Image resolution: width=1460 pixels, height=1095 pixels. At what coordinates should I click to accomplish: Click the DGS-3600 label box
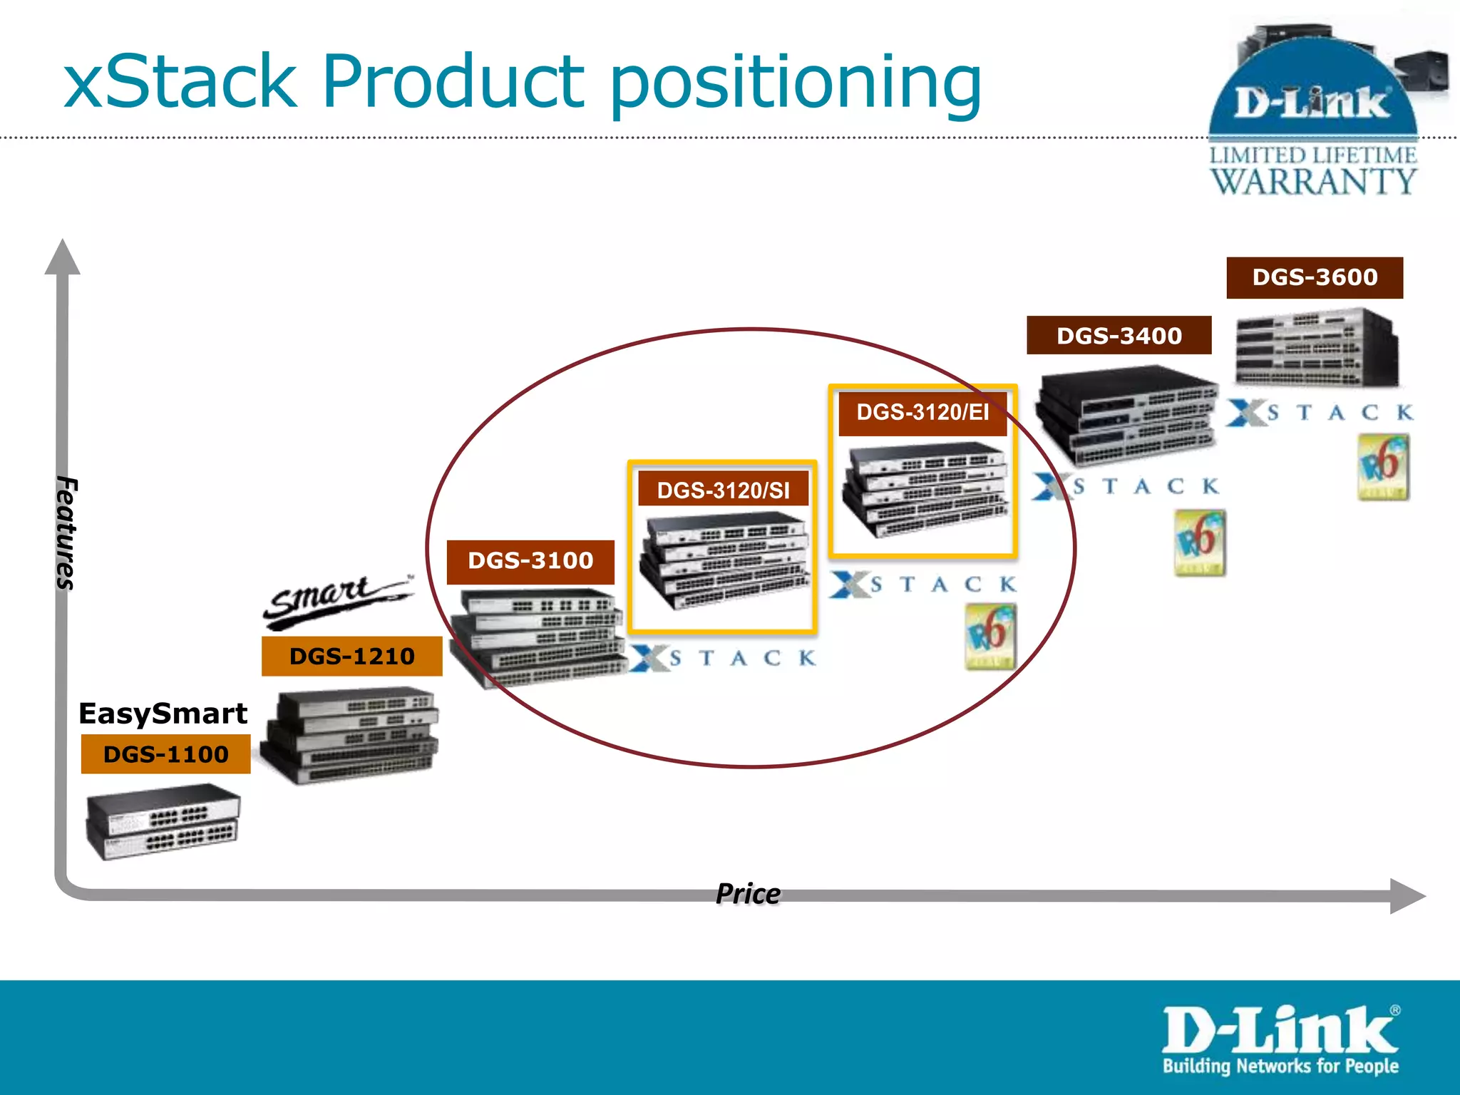tap(1314, 277)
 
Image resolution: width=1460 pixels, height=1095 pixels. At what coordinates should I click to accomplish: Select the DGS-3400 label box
tap(1119, 335)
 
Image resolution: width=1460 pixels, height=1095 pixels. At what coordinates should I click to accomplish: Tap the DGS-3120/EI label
tap(922, 412)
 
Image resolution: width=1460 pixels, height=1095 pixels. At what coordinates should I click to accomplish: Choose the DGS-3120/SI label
tap(723, 490)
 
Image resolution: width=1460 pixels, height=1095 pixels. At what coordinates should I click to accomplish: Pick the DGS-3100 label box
tap(530, 561)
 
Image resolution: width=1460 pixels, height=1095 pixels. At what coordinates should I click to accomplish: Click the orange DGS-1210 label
tap(351, 656)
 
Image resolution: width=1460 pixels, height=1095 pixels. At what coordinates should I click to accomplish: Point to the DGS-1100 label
tap(165, 754)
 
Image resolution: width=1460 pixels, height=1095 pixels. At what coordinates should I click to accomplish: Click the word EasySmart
tap(163, 714)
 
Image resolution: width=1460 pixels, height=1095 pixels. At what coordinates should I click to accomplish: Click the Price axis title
tap(747, 894)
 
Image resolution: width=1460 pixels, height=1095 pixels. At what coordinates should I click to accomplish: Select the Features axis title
tap(66, 533)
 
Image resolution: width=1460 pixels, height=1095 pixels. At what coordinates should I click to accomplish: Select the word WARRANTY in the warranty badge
tap(1313, 181)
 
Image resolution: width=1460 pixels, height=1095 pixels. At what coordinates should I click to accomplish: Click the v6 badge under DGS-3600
tap(1382, 468)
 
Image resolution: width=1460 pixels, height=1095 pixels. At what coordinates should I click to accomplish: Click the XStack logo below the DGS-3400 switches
tap(1126, 487)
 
